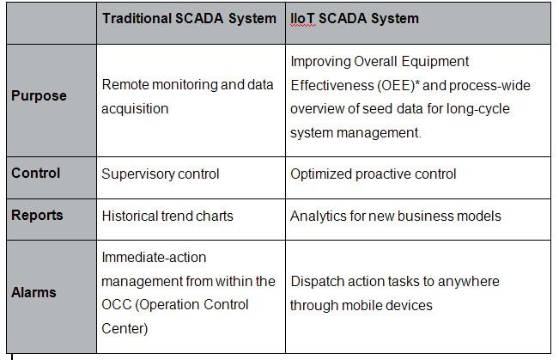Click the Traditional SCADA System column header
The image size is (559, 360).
click(x=189, y=19)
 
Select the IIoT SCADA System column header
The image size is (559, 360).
click(x=355, y=19)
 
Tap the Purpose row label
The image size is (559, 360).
click(x=39, y=95)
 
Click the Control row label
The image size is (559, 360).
click(x=36, y=173)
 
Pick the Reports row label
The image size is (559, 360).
click(x=37, y=215)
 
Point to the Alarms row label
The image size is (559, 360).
click(x=33, y=293)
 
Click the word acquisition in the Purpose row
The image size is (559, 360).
click(x=135, y=109)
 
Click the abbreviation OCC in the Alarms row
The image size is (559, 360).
click(x=117, y=305)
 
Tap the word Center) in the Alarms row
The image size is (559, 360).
click(x=125, y=328)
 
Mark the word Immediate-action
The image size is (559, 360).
click(x=154, y=257)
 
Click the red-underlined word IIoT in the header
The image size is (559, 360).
click(x=302, y=19)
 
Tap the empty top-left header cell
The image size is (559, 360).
click(x=52, y=23)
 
